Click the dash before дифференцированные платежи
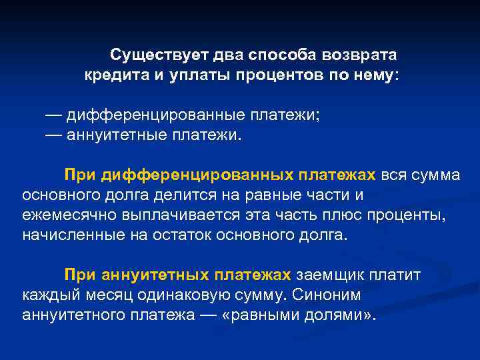[x=54, y=115]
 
